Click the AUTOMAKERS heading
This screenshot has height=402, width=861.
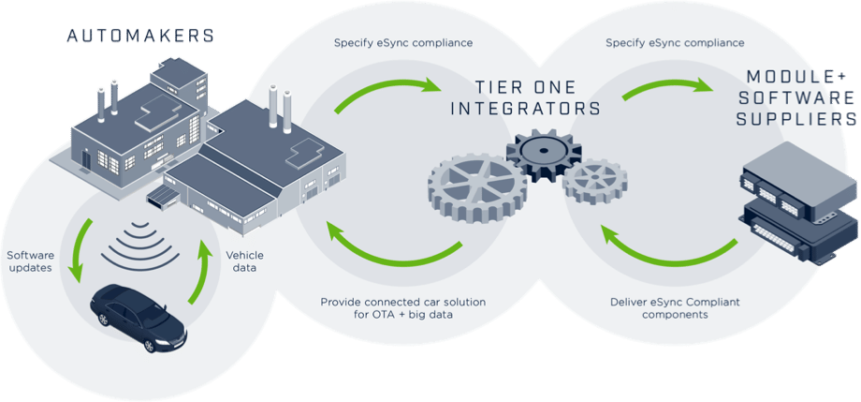(x=139, y=37)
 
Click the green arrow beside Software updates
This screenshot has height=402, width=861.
(x=79, y=249)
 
